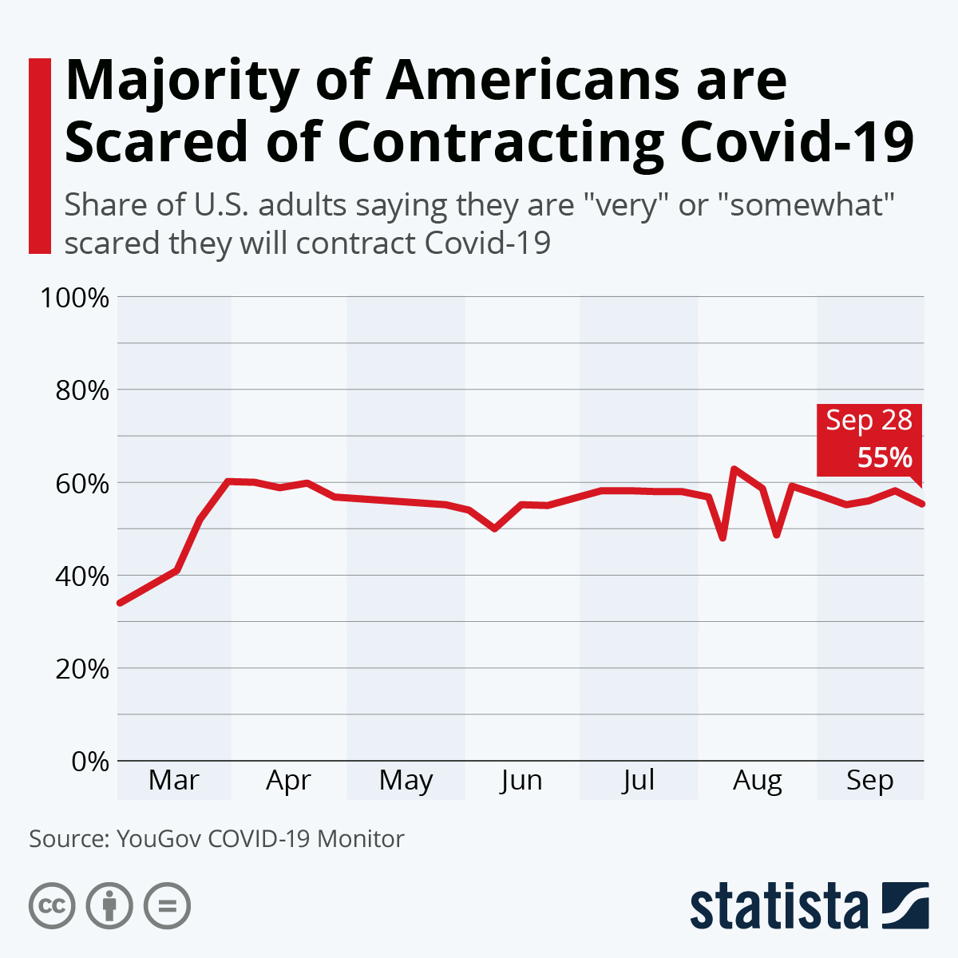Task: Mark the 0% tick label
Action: tap(89, 761)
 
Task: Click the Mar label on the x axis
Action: tap(173, 780)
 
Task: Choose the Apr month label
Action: tap(288, 780)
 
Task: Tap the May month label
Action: tap(406, 780)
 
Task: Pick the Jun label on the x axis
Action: tap(521, 780)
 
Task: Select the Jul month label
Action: tap(638, 780)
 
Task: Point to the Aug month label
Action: tap(757, 780)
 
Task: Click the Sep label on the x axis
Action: tap(870, 780)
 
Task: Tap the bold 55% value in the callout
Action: tap(885, 457)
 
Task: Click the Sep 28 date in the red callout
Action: tap(869, 421)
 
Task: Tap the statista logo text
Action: tap(779, 907)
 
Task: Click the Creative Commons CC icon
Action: tap(52, 906)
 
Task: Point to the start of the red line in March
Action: tap(120, 603)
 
